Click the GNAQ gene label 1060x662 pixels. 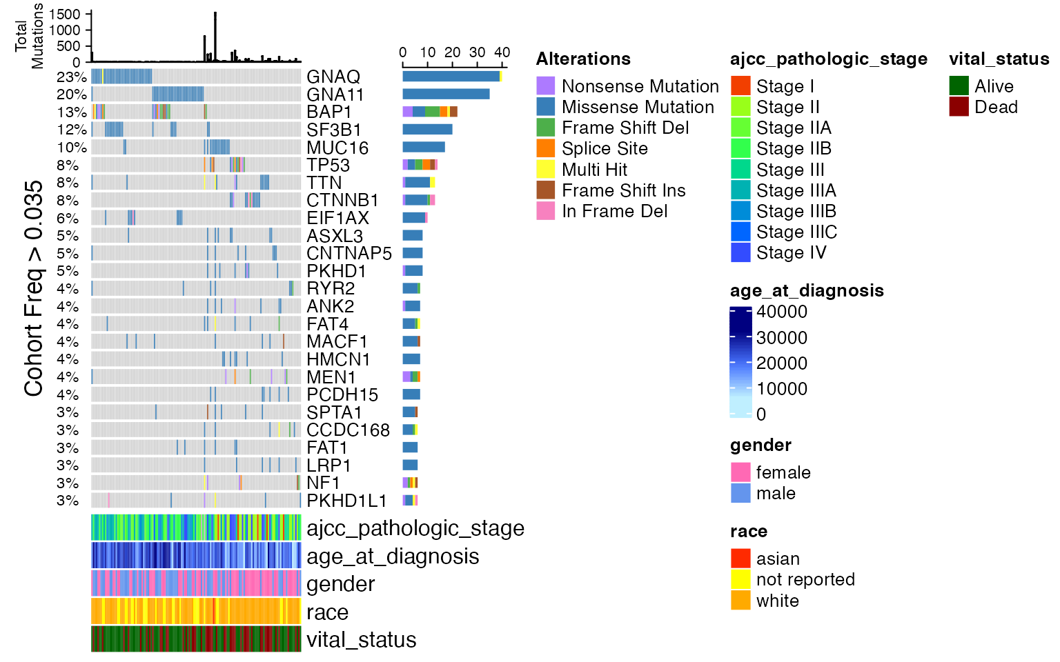click(x=333, y=77)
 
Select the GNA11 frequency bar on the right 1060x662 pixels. click(x=446, y=94)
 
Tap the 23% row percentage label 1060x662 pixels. click(x=72, y=77)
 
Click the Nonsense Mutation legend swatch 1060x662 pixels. click(x=546, y=86)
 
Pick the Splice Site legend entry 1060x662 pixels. click(x=605, y=148)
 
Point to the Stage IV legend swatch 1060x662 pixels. click(x=740, y=252)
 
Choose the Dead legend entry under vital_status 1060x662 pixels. click(x=996, y=107)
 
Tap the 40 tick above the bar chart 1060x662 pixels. click(x=502, y=52)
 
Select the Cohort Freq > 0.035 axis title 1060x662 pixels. click(x=34, y=288)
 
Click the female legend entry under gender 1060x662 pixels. click(x=783, y=472)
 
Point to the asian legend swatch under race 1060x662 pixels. click(x=740, y=559)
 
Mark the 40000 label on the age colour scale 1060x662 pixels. click(x=781, y=312)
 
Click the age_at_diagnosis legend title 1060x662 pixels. click(x=807, y=290)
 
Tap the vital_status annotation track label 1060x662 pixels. click(x=361, y=640)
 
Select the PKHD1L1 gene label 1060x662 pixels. click(x=346, y=501)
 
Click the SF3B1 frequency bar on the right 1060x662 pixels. click(x=427, y=129)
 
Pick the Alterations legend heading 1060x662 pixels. click(x=583, y=59)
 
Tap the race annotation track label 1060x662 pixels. click(x=327, y=612)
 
